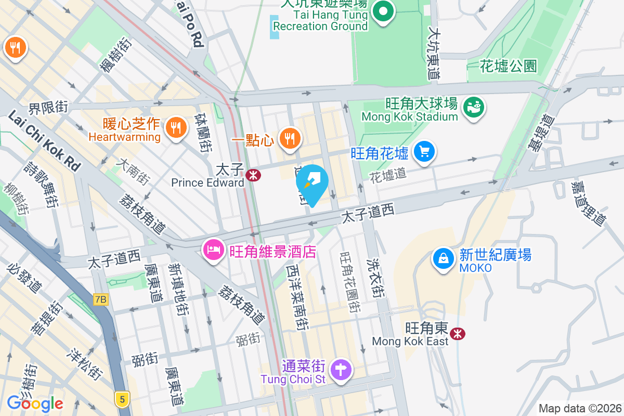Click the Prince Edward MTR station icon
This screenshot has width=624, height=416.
[254, 175]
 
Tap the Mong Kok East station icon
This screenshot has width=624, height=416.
[458, 333]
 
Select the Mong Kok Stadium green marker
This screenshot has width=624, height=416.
[474, 107]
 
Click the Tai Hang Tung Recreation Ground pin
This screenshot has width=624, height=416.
[384, 11]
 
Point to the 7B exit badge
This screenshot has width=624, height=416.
[100, 300]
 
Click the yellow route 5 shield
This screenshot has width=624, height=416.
[122, 399]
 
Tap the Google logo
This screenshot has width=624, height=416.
[35, 403]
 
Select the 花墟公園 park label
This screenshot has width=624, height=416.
[508, 66]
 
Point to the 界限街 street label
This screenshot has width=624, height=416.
[48, 108]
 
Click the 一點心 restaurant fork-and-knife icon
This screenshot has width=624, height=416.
[289, 139]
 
